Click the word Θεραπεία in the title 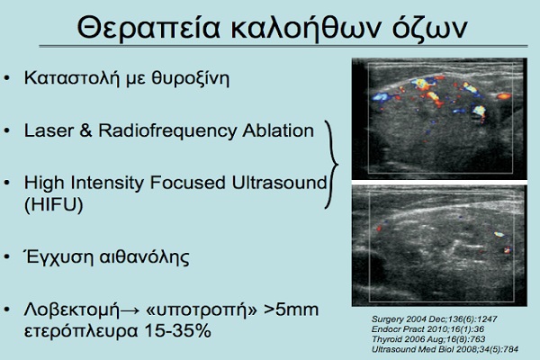pos(148,28)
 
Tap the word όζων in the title pos(429,28)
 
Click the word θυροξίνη pos(191,78)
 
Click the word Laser pos(49,130)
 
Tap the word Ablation pos(278,130)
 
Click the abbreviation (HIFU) pos(54,204)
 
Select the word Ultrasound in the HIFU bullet pos(279,183)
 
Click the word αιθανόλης pos(144,257)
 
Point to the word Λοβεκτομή pos(72,310)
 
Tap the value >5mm pos(291,310)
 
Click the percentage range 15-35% pos(177,330)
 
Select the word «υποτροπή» pos(202,310)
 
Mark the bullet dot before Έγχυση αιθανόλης pos(7,257)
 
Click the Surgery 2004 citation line pos(435,319)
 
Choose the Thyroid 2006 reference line pos(428,339)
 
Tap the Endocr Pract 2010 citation pos(427,329)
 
